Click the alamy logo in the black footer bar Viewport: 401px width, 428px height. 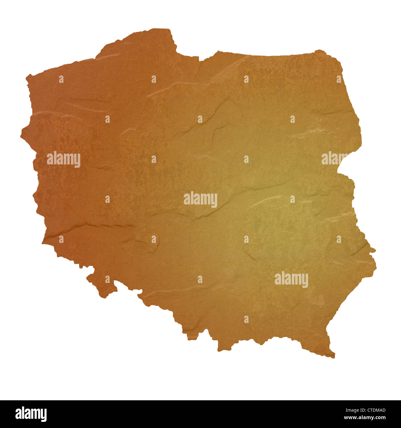point(31,414)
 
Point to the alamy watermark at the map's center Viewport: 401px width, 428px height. point(200,200)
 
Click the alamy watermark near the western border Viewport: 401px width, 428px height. point(64,159)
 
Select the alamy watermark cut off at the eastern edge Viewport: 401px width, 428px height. point(335,158)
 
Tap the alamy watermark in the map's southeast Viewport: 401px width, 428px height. point(291,280)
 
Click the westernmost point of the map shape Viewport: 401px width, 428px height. point(22,135)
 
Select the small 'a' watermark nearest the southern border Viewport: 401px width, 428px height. point(246,319)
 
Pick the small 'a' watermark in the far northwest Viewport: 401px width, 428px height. point(61,79)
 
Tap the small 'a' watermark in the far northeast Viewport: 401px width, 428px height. point(339,79)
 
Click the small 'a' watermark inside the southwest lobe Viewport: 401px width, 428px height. point(107,279)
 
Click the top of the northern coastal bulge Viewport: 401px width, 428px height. point(154,30)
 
